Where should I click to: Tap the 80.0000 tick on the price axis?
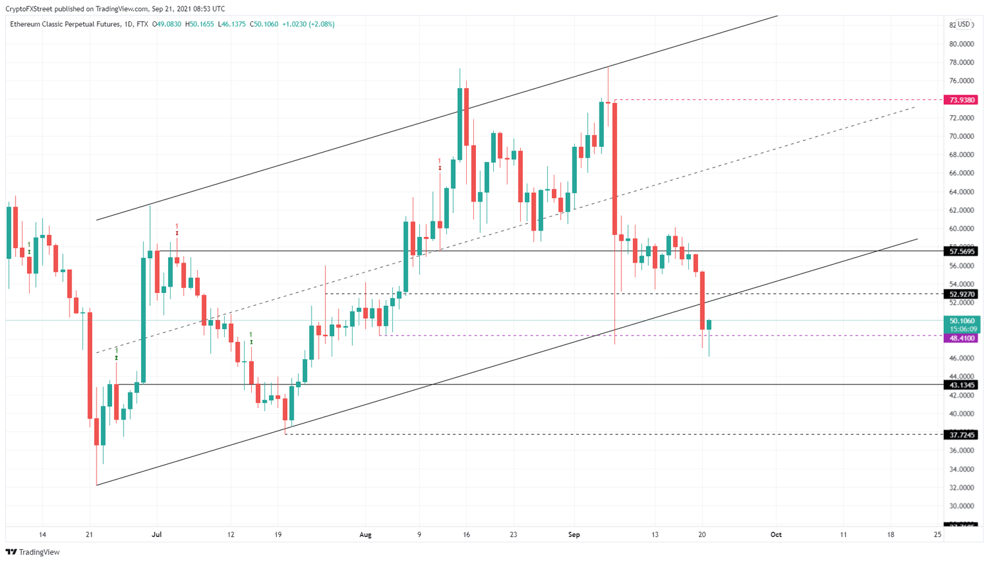coord(961,44)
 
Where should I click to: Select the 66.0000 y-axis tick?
coord(961,173)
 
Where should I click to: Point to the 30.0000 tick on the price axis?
coord(961,506)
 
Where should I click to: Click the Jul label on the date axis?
coord(156,534)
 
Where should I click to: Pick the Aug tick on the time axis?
coord(365,534)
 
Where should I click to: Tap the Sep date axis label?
coord(574,534)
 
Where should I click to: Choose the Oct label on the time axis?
coord(776,534)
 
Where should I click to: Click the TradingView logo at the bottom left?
coord(33,552)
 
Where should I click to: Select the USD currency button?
coord(963,24)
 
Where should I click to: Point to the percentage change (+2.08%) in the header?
coord(321,24)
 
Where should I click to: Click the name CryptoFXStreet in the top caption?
coord(28,9)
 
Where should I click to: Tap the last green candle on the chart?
coord(709,325)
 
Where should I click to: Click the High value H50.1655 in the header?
coord(199,24)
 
